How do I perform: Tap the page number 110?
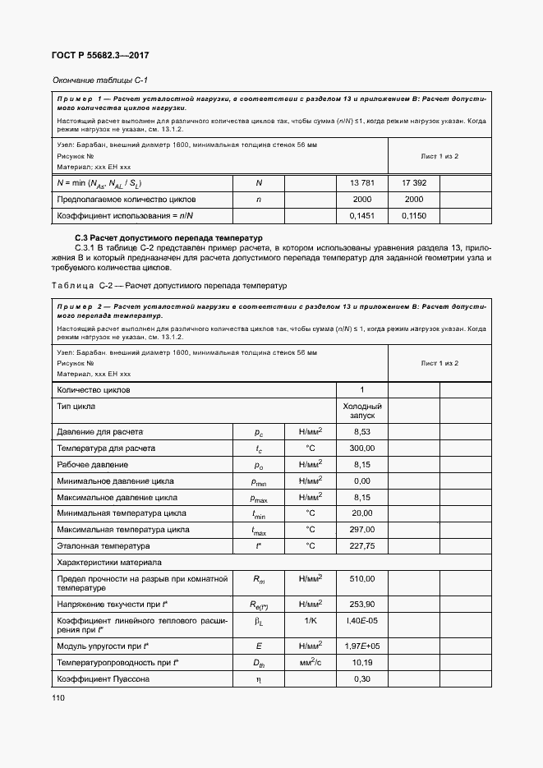[58, 697]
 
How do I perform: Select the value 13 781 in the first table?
[362, 182]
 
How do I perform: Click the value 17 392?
[413, 182]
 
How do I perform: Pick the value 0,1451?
[362, 215]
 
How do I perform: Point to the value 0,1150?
[413, 215]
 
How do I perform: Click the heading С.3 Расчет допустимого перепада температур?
[168, 237]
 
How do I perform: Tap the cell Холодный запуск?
[362, 411]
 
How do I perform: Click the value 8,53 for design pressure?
[362, 432]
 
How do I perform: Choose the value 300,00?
[362, 448]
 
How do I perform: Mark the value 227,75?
[362, 545]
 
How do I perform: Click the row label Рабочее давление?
[91, 465]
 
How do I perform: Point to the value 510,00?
[362, 578]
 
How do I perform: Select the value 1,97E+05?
[362, 646]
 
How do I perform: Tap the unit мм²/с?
[310, 663]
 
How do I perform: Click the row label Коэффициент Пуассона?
[103, 679]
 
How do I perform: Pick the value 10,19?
[362, 663]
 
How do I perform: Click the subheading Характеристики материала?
[108, 562]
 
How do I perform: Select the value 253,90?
[362, 603]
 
